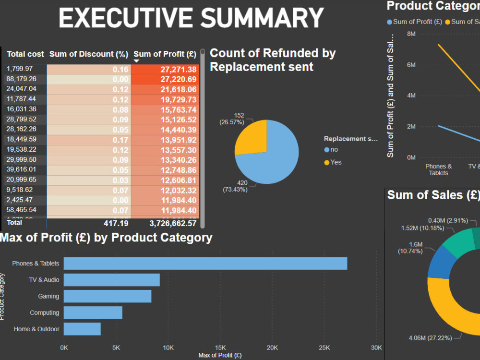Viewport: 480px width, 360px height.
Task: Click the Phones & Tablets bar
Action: coord(205,264)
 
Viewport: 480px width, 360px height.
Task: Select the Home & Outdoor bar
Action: coord(82,329)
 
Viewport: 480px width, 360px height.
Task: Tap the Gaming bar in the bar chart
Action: coord(108,296)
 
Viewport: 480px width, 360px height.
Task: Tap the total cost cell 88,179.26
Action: coord(21,79)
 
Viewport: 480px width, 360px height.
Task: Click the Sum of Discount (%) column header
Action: coord(88,54)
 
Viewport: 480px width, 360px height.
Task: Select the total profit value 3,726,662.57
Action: coord(166,223)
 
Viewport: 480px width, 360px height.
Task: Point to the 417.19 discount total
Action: coord(116,223)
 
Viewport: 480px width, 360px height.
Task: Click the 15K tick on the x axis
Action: coord(220,347)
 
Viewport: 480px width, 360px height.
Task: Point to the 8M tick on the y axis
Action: coord(411,34)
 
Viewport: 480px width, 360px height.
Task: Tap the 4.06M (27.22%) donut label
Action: coord(430,338)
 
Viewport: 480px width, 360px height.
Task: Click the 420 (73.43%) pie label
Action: coord(235,186)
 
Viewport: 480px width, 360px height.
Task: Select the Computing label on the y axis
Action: coord(45,312)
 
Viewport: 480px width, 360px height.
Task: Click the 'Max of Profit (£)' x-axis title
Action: coord(220,355)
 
